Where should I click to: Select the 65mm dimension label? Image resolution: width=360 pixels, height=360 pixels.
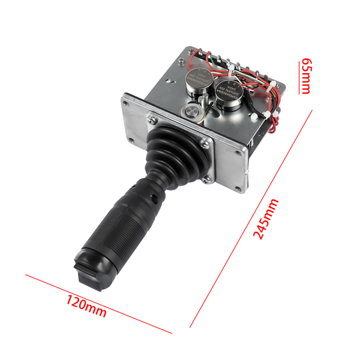305,76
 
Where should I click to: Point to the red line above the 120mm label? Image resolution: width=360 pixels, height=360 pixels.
98,304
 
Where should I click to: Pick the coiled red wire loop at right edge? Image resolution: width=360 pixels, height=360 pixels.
275,123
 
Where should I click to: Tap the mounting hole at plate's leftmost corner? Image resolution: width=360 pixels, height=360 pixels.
128,102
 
